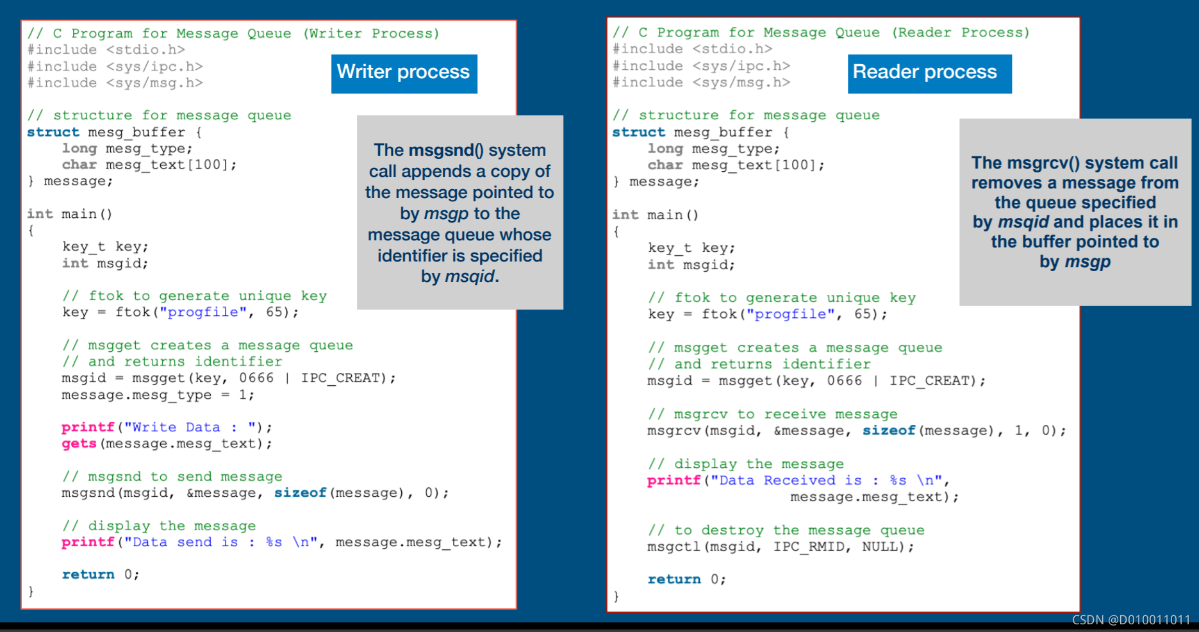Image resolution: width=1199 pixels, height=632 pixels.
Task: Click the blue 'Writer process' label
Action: [404, 73]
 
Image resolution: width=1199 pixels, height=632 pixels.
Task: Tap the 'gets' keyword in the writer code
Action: [79, 444]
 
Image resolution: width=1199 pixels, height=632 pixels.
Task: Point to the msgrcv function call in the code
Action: [674, 431]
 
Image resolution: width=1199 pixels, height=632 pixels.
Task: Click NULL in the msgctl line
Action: [882, 547]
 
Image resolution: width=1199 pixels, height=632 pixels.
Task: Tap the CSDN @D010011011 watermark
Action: [1130, 620]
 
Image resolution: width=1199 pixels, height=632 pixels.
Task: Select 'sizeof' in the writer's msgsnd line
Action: [300, 493]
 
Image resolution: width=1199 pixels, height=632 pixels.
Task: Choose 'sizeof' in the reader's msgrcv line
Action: [888, 431]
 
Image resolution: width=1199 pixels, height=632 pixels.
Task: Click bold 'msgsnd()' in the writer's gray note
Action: [445, 150]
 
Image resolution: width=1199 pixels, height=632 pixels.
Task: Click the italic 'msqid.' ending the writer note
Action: [472, 277]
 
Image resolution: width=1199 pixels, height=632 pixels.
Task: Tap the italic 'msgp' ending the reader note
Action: [1087, 262]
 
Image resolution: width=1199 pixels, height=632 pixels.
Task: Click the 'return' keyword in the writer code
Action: [88, 575]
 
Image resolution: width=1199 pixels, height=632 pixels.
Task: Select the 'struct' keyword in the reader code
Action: [638, 132]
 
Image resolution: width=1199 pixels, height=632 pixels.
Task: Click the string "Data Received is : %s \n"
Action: [826, 481]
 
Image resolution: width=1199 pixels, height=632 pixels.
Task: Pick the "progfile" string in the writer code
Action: [203, 312]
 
